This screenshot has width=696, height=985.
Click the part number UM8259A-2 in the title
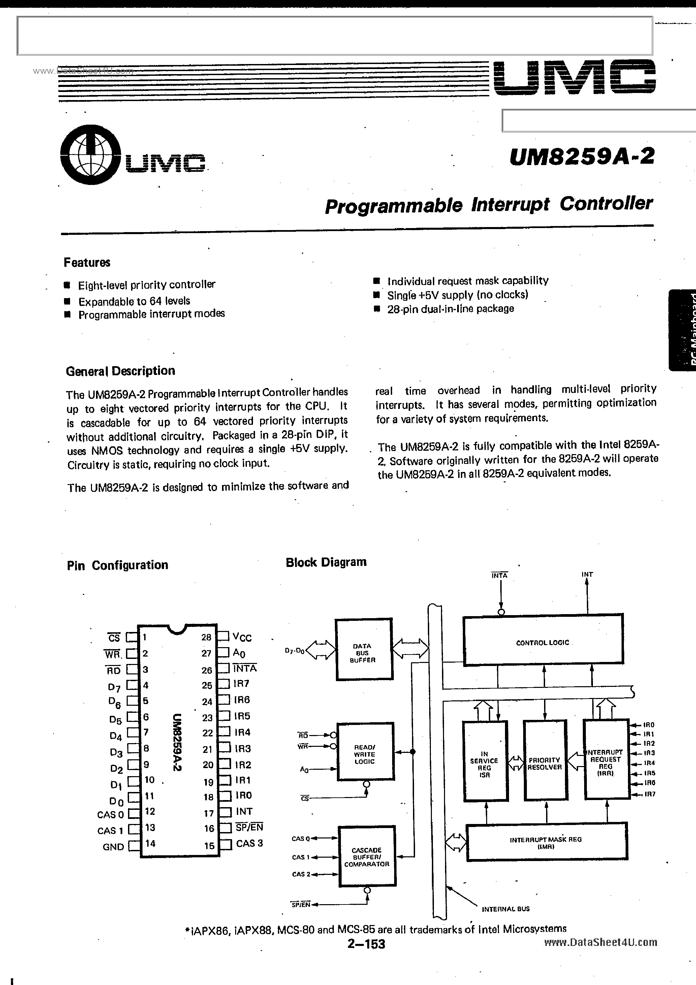point(582,156)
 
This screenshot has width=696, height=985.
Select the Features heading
point(87,262)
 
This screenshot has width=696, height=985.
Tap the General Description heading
point(120,371)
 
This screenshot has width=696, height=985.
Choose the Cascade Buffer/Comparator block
point(367,857)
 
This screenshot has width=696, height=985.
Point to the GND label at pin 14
point(113,847)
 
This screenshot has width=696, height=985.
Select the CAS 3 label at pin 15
point(249,843)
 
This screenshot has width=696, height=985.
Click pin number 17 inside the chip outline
point(209,813)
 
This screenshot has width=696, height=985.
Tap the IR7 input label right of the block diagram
point(649,794)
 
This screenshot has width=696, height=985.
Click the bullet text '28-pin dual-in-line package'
point(450,309)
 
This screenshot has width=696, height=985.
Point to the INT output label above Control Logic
point(587,574)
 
